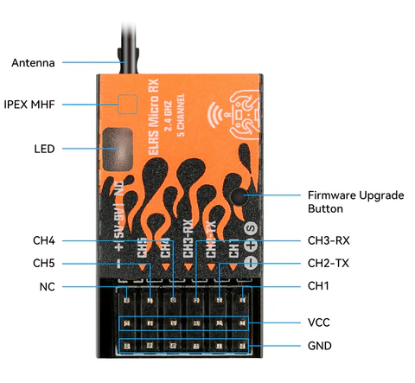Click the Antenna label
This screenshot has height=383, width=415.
coord(33,63)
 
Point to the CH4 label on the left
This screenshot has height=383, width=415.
coord(44,239)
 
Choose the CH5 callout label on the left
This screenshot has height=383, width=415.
coord(44,263)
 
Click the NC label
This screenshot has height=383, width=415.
coord(48,286)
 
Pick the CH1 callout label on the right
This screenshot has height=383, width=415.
coord(319,286)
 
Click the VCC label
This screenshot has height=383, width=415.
coord(319,322)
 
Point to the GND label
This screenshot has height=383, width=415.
coord(320,346)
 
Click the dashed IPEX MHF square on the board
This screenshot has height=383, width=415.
coord(129,105)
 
